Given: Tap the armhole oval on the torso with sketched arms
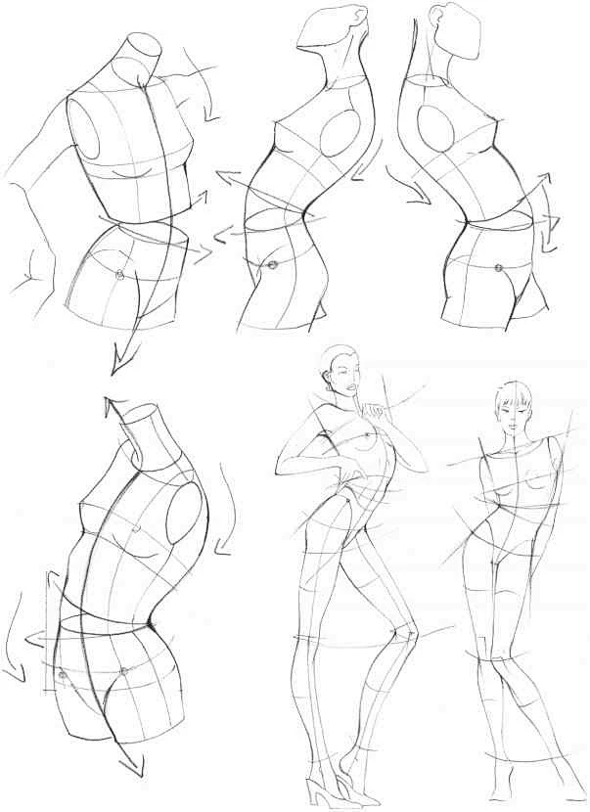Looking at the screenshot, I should coord(89,130).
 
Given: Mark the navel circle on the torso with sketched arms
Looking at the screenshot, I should coord(119,275).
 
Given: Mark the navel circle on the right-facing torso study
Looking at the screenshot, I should coord(498,267).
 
